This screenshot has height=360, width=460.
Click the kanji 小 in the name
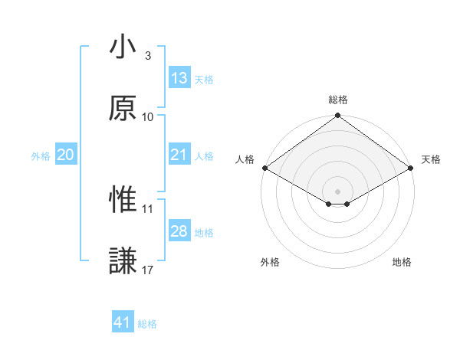pyautogui.click(x=123, y=48)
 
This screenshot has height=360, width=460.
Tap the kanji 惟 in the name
pyautogui.click(x=123, y=200)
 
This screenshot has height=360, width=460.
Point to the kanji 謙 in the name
pyautogui.click(x=123, y=260)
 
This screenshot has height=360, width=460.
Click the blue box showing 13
pyautogui.click(x=179, y=78)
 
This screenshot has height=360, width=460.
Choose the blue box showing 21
pyautogui.click(x=179, y=155)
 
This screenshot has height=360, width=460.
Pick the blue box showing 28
pyautogui.click(x=179, y=231)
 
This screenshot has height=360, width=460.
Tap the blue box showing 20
pyautogui.click(x=66, y=155)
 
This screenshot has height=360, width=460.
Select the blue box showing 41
pyautogui.click(x=123, y=322)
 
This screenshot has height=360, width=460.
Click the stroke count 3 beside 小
pyautogui.click(x=148, y=56)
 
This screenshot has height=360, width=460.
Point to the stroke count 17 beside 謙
pyautogui.click(x=148, y=269)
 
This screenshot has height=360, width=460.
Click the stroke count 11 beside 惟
pyautogui.click(x=148, y=208)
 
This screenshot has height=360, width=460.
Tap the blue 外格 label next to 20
pyautogui.click(x=41, y=155)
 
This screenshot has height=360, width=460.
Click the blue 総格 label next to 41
pyautogui.click(x=147, y=324)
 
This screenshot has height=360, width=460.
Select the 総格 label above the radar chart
pyautogui.click(x=337, y=100)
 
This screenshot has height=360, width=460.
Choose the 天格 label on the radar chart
pyautogui.click(x=431, y=159)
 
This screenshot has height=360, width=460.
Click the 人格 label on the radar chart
pyautogui.click(x=244, y=159)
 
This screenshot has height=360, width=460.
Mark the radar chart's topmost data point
pyautogui.click(x=337, y=116)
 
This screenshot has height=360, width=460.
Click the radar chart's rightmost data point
pyautogui.click(x=412, y=167)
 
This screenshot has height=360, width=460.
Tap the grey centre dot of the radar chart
pyautogui.click(x=337, y=191)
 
